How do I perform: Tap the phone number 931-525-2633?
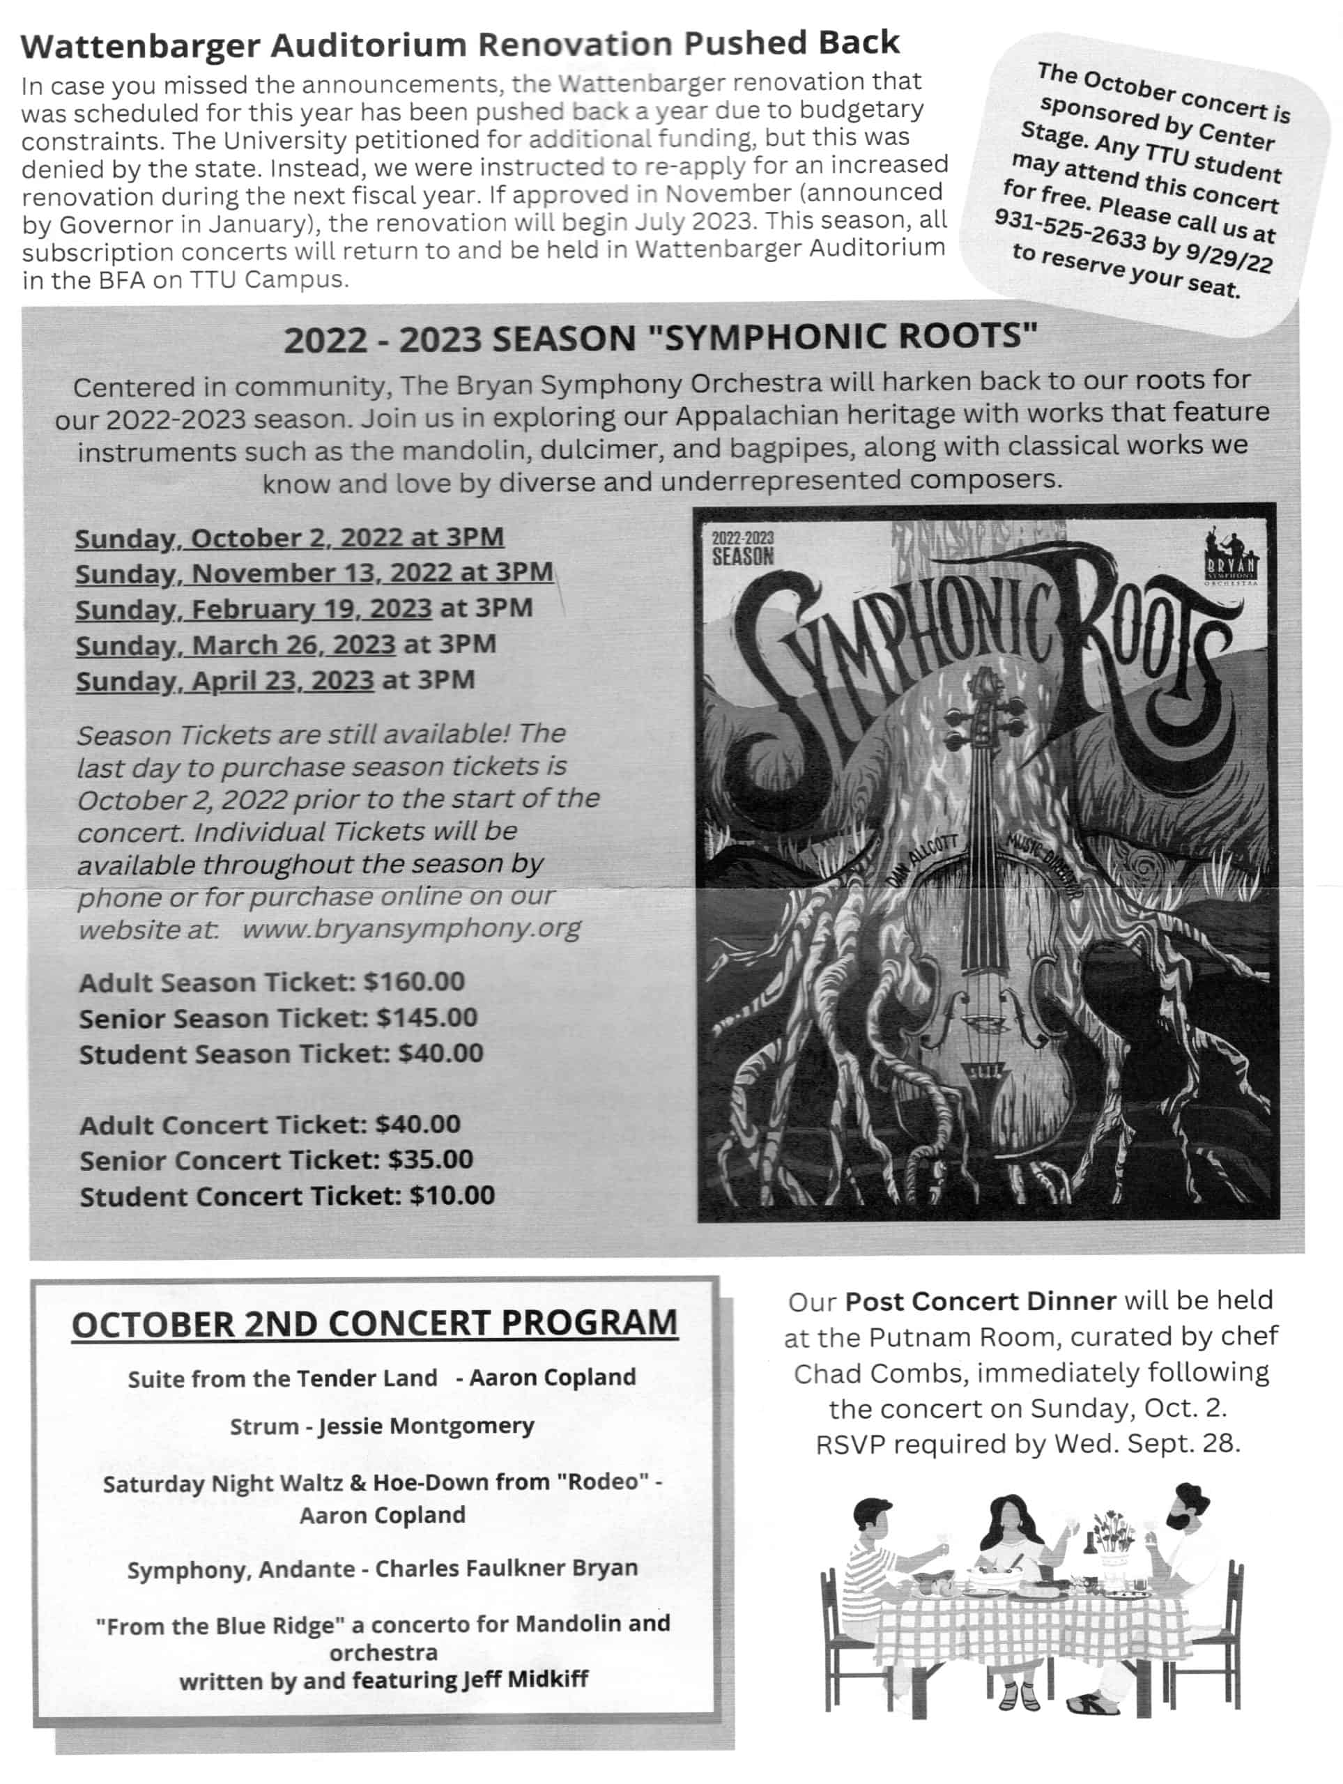click(1070, 230)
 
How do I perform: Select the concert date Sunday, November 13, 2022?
click(314, 574)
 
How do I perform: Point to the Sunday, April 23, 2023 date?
click(225, 682)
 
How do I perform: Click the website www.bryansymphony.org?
click(411, 928)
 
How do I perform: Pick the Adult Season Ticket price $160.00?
click(414, 981)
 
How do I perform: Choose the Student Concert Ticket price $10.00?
click(452, 1195)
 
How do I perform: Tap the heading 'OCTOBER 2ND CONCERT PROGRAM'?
click(374, 1323)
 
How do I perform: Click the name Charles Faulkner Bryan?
click(507, 1568)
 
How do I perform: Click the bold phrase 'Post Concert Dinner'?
click(980, 1301)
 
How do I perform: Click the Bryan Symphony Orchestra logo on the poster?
click(1229, 557)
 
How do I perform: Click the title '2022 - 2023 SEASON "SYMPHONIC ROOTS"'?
click(660, 338)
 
